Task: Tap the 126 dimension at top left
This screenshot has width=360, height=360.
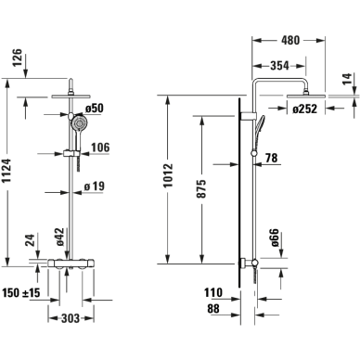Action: click(x=18, y=58)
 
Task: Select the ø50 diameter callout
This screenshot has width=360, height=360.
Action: click(x=95, y=109)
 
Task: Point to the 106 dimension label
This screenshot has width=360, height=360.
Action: click(x=100, y=148)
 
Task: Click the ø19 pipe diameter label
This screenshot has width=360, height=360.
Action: click(x=95, y=186)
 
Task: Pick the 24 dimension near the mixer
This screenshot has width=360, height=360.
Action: click(x=31, y=240)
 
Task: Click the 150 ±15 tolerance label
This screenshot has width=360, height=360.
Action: click(x=21, y=292)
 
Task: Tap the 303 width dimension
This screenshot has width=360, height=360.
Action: click(x=71, y=318)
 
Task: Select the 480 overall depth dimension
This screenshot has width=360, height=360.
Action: click(x=290, y=40)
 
